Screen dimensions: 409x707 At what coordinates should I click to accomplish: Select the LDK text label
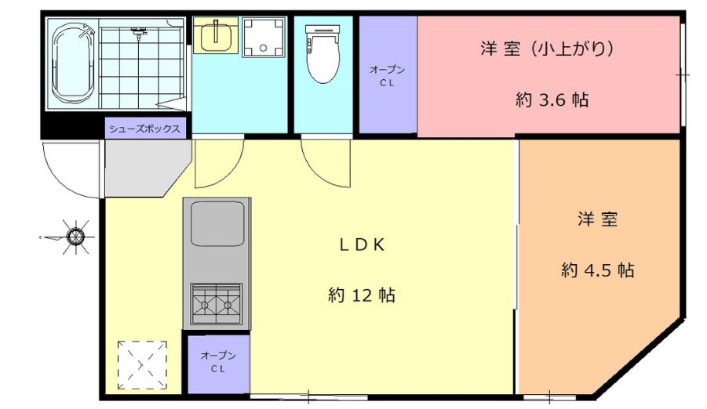[362, 244]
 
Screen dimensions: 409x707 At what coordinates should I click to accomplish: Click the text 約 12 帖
[361, 295]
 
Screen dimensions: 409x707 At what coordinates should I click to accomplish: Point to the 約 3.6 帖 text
[552, 100]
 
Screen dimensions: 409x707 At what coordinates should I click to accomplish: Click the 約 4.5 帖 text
[598, 270]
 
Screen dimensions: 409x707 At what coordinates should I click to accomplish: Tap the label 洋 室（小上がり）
[546, 49]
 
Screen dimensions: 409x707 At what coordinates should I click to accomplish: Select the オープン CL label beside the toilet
[388, 75]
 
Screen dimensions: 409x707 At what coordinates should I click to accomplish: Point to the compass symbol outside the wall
[75, 235]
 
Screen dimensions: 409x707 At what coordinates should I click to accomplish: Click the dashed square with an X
[142, 364]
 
